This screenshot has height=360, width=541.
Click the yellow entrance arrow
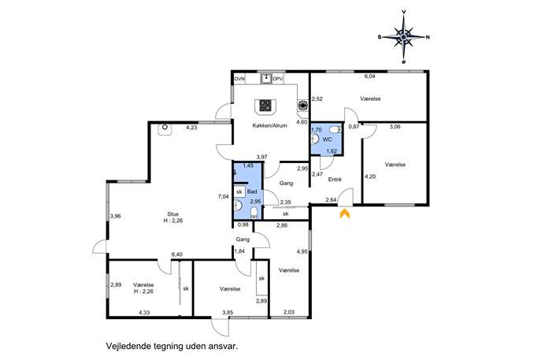point(345,214)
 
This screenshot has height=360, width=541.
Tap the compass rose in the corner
point(404,37)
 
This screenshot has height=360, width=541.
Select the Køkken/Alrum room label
point(270,125)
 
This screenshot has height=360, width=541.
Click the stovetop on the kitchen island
point(265,106)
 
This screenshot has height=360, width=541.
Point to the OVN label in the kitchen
point(240,79)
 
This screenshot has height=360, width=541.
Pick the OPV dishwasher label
point(278,79)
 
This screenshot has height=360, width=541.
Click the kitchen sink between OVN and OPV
point(266,78)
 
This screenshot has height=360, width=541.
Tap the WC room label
point(327,139)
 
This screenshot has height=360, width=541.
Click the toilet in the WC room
point(335,130)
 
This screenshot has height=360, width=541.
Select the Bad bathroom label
point(252,191)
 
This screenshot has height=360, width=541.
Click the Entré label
point(335,180)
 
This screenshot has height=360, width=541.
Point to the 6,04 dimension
point(369,76)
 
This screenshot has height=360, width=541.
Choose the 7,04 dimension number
point(223,197)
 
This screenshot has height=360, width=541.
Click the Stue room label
point(173,214)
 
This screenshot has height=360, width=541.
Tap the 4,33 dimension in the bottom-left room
point(144,313)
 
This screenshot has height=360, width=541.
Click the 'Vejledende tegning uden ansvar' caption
point(172,346)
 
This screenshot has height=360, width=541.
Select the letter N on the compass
point(428,37)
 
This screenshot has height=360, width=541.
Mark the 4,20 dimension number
point(370,176)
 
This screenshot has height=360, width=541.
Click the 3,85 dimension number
point(228,313)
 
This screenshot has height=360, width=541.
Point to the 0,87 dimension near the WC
point(354,127)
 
